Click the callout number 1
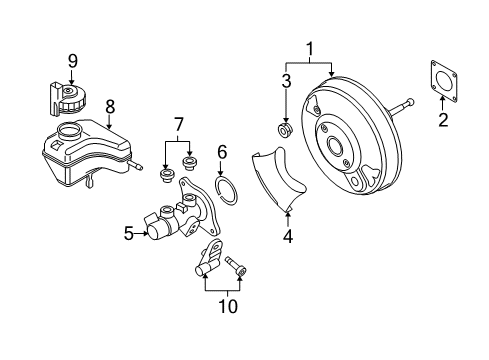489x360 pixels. pyautogui.click(x=310, y=49)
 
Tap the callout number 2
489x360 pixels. pyautogui.click(x=443, y=120)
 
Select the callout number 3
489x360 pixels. pyautogui.click(x=286, y=81)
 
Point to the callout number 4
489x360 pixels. pyautogui.click(x=288, y=236)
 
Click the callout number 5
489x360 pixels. pyautogui.click(x=129, y=233)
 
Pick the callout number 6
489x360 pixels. pyautogui.click(x=222, y=152)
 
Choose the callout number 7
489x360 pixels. pyautogui.click(x=179, y=125)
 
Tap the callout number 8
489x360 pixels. pyautogui.click(x=110, y=107)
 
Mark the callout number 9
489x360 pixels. pyautogui.click(x=73, y=61)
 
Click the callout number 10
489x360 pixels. pyautogui.click(x=228, y=306)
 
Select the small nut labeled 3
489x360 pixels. pyautogui.click(x=285, y=130)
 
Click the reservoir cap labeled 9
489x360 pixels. pyautogui.click(x=68, y=98)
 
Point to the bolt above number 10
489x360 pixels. pyautogui.click(x=237, y=266)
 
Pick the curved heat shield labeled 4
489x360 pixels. pyautogui.click(x=279, y=178)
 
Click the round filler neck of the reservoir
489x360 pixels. pyautogui.click(x=69, y=131)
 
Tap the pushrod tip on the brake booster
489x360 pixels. pyautogui.click(x=410, y=101)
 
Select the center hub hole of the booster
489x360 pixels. pyautogui.click(x=334, y=145)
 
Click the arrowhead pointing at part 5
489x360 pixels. pyautogui.click(x=146, y=233)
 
